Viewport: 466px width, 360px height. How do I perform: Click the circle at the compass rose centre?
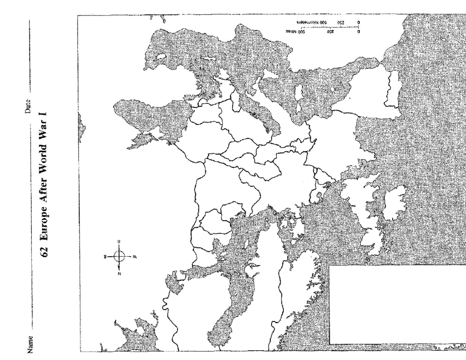[x=120, y=256]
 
